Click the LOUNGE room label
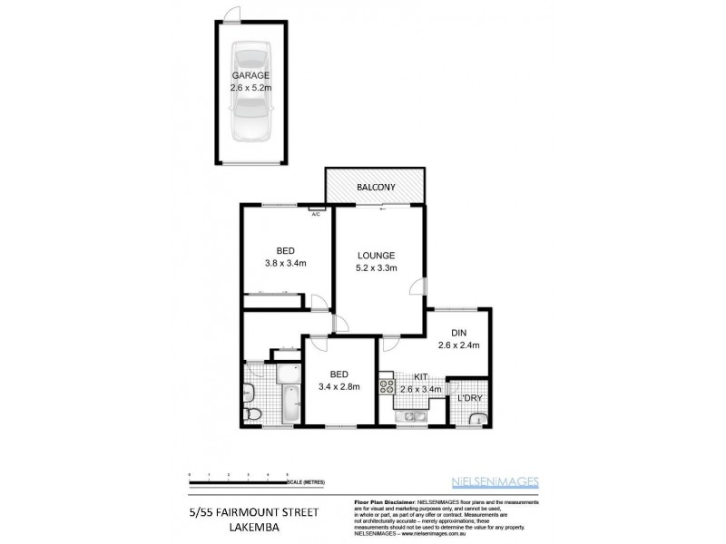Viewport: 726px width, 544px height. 377,255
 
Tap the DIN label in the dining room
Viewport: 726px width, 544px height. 457,332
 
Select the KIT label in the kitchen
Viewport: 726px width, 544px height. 420,375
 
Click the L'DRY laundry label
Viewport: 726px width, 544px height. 469,398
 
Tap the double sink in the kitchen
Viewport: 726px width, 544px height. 418,416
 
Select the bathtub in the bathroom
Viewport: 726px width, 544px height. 289,404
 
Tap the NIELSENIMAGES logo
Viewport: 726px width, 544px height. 507,482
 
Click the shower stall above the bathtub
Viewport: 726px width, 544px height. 289,374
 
